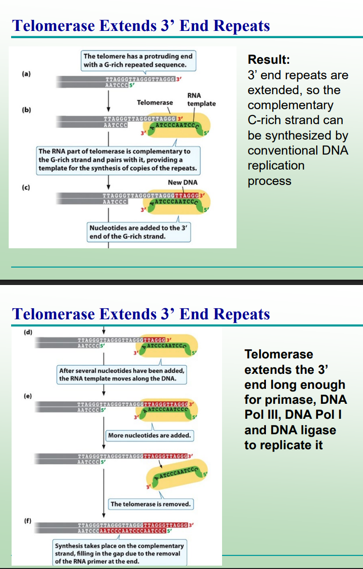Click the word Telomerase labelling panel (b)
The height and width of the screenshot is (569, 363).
tap(154, 102)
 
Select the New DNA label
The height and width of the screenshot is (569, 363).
tap(182, 182)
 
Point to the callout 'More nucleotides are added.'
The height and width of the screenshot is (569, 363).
tap(150, 435)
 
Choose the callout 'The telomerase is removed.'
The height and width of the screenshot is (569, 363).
tap(151, 504)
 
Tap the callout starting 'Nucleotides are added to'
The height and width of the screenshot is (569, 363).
tap(140, 232)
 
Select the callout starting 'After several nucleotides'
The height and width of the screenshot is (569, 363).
tap(122, 374)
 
